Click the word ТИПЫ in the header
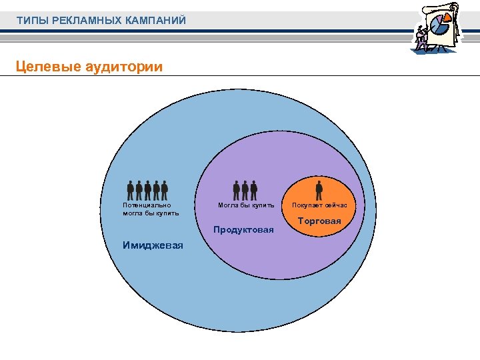[30, 21]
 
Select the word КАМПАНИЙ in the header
[156, 21]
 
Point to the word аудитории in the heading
[122, 67]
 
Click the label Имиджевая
[153, 244]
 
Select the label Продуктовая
[243, 230]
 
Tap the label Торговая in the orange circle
[319, 221]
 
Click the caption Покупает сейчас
[319, 205]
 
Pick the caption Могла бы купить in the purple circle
[246, 205]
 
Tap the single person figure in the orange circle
[319, 190]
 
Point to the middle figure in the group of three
[245, 190]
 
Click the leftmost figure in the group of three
[237, 190]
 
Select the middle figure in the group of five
[147, 190]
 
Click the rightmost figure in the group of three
[254, 190]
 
